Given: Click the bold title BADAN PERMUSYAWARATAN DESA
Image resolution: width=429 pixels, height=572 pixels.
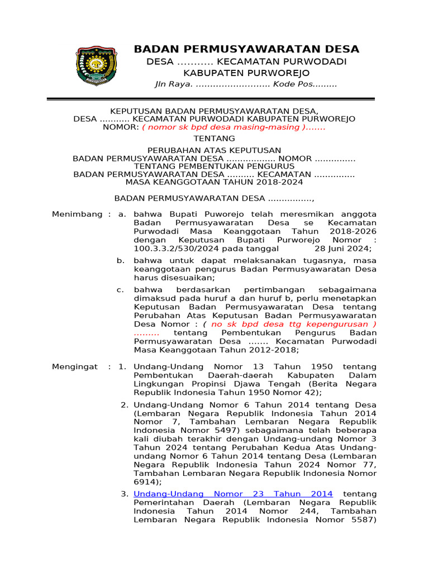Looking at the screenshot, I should pos(246,49).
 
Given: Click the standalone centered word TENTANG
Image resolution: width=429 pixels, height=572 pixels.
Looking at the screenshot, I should pos(214,139).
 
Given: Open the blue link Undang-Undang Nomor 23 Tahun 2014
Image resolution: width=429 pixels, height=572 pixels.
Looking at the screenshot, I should pos(233,494).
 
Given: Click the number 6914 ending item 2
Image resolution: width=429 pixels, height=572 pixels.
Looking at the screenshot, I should pos(147,481).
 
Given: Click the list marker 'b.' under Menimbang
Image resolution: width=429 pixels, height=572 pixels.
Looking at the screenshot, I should pos(120,260).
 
